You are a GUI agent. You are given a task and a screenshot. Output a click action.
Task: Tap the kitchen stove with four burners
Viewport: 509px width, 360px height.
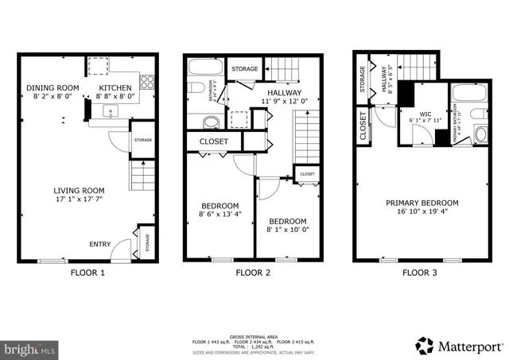click(x=148, y=80)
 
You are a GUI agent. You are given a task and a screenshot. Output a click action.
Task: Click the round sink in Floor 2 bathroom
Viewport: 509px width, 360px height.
click(x=211, y=122)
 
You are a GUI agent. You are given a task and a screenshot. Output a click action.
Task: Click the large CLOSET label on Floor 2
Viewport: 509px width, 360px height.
click(x=213, y=142)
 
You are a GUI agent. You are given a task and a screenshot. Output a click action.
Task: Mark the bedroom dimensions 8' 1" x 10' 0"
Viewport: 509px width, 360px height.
click(x=287, y=230)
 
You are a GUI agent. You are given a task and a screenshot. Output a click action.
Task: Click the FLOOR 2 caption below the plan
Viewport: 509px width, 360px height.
click(x=254, y=273)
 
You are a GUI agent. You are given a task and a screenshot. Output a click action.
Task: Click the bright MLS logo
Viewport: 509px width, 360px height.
click(x=30, y=347)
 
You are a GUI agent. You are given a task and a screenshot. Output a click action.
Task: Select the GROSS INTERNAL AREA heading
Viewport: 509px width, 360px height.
click(x=254, y=335)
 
